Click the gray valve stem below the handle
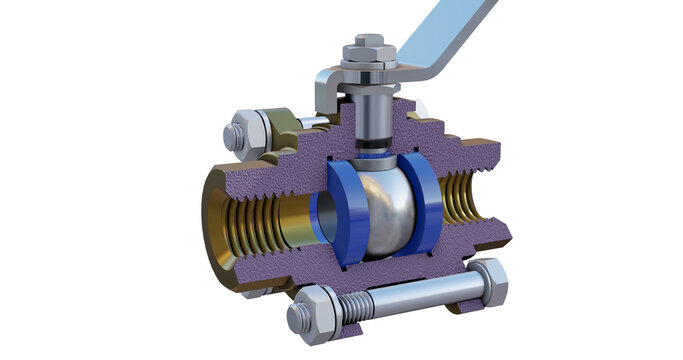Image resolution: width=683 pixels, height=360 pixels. pyautogui.click(x=371, y=115)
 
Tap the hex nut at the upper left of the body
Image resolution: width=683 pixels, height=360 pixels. pyautogui.click(x=239, y=135)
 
